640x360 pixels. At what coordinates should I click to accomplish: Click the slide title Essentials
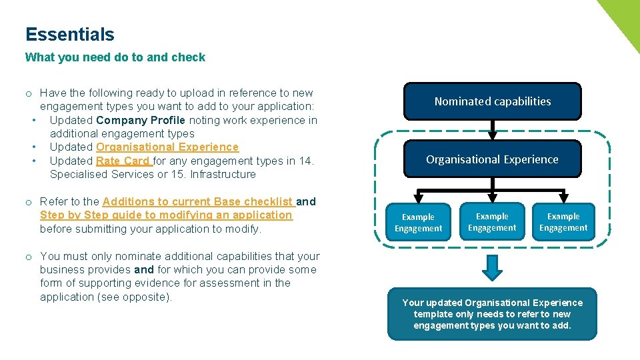click(70, 35)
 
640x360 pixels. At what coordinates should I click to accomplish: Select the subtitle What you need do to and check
click(115, 57)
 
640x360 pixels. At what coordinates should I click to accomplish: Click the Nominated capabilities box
click(493, 101)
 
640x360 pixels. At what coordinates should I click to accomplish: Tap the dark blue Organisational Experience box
click(493, 159)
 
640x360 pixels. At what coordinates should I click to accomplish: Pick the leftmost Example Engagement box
click(418, 223)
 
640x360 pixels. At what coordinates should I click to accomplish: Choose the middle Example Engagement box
click(492, 222)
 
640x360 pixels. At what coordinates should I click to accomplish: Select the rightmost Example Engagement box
click(563, 222)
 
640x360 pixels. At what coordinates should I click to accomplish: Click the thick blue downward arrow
click(492, 267)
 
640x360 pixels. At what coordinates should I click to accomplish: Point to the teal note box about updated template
click(492, 314)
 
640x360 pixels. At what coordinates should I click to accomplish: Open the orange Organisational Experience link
click(167, 147)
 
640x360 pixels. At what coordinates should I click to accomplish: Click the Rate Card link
click(124, 161)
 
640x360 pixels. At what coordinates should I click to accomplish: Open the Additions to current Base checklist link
click(199, 201)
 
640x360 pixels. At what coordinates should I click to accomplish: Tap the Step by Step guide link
click(166, 215)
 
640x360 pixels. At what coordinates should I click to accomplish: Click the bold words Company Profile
click(141, 120)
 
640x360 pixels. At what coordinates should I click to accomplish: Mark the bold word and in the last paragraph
click(144, 269)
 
